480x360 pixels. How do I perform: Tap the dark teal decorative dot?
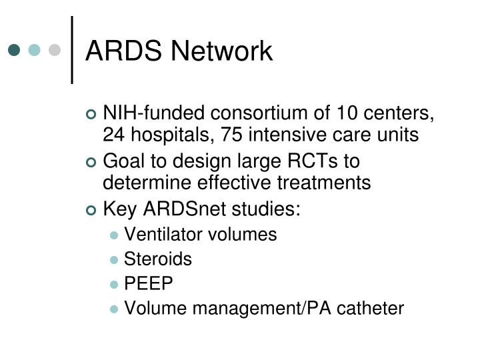coord(14,50)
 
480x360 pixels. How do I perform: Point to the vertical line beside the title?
coord(71,50)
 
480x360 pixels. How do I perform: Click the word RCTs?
coord(313,161)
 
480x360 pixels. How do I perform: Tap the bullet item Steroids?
coord(158,259)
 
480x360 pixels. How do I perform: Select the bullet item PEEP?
coord(149,283)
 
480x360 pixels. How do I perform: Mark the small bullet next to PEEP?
coord(115,284)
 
